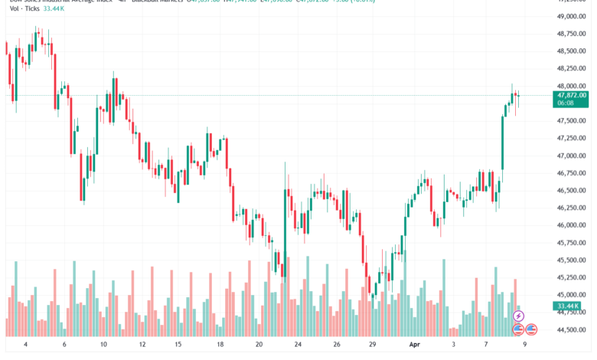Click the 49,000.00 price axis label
(x=570, y=16)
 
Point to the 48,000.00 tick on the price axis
(x=570, y=86)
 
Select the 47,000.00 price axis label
(x=570, y=155)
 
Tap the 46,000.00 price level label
(x=570, y=225)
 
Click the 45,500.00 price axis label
(x=570, y=260)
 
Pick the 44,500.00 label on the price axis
(x=570, y=329)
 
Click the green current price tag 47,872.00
(x=572, y=96)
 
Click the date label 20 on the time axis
(x=259, y=346)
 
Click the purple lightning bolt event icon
(x=518, y=316)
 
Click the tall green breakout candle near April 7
(x=504, y=142)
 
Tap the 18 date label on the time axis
(x=220, y=346)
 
